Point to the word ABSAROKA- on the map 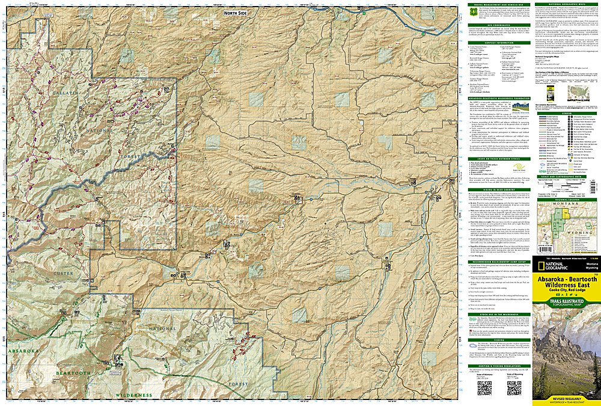tap(24, 350)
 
